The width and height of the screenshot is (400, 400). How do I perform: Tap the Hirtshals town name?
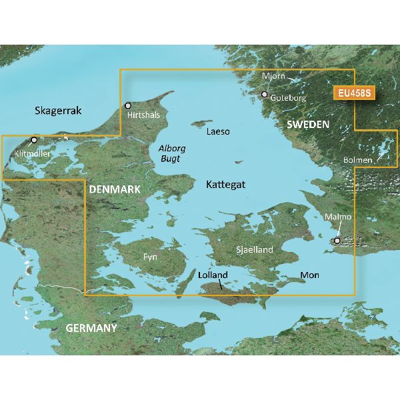click(144, 115)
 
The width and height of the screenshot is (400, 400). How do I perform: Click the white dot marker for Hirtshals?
click(129, 105)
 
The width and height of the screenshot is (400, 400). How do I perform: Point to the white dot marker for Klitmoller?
click(34, 140)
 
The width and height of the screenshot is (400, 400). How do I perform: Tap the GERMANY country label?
click(91, 328)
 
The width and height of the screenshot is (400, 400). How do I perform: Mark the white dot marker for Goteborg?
click(265, 95)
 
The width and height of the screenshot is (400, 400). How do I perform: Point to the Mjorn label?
click(273, 76)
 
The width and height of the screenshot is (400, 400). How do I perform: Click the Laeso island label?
click(218, 131)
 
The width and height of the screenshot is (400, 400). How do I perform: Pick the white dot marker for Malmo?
click(337, 241)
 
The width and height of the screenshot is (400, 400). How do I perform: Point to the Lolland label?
click(213, 275)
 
